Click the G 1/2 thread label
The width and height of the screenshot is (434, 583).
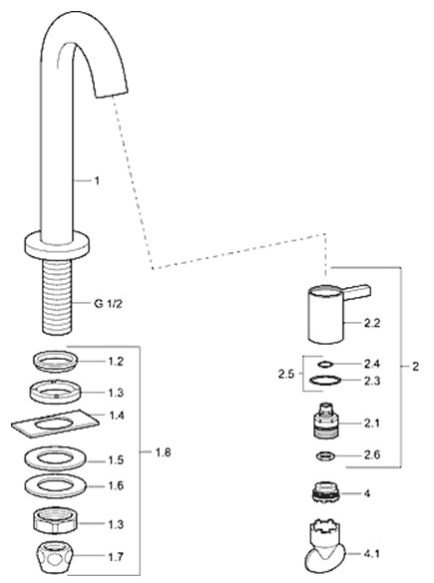[x=108, y=304]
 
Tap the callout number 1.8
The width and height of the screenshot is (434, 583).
[x=163, y=452]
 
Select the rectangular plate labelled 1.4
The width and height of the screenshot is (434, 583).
[x=55, y=425]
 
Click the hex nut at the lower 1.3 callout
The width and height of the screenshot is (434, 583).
[x=56, y=520]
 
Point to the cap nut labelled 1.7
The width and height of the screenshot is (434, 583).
[x=56, y=556]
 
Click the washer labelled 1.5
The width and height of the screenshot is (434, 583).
[x=56, y=458]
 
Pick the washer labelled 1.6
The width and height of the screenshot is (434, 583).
[x=56, y=486]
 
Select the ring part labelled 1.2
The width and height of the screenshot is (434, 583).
[x=55, y=361]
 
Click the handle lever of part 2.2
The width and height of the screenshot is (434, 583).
[x=358, y=292]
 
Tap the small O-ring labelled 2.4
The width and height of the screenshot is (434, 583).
[x=324, y=364]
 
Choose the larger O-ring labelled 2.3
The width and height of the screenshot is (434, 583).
[x=325, y=381]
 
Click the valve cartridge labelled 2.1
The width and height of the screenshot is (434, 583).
[x=325, y=421]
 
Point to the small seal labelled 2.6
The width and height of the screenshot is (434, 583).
[x=325, y=455]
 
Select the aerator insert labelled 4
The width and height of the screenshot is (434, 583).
[x=325, y=493]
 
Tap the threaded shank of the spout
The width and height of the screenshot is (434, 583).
[x=57, y=296]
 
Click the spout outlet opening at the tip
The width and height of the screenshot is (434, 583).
[x=113, y=92]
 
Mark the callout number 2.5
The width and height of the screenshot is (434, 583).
[x=286, y=374]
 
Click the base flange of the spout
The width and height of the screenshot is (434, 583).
[x=57, y=244]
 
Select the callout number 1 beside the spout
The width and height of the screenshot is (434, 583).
[x=97, y=181]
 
